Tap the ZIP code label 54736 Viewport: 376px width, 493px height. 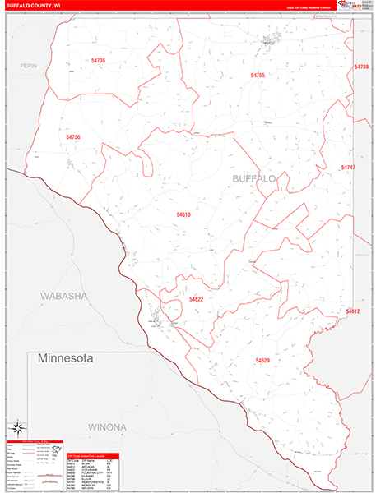[x=99, y=61]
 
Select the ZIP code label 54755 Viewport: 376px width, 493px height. [x=258, y=75]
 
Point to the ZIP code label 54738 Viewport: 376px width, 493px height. [x=361, y=67]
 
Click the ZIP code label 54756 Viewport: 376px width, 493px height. [x=73, y=136]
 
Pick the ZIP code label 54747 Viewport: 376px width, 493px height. [x=348, y=167]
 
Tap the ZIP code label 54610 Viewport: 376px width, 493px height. [x=183, y=214]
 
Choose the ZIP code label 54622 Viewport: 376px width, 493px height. [x=196, y=300]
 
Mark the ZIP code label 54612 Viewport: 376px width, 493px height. [x=353, y=311]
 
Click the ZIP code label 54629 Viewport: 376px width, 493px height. [x=262, y=361]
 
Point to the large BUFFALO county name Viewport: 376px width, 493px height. [x=254, y=178]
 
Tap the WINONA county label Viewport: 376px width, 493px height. [x=103, y=427]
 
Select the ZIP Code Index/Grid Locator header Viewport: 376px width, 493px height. [x=91, y=455]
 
